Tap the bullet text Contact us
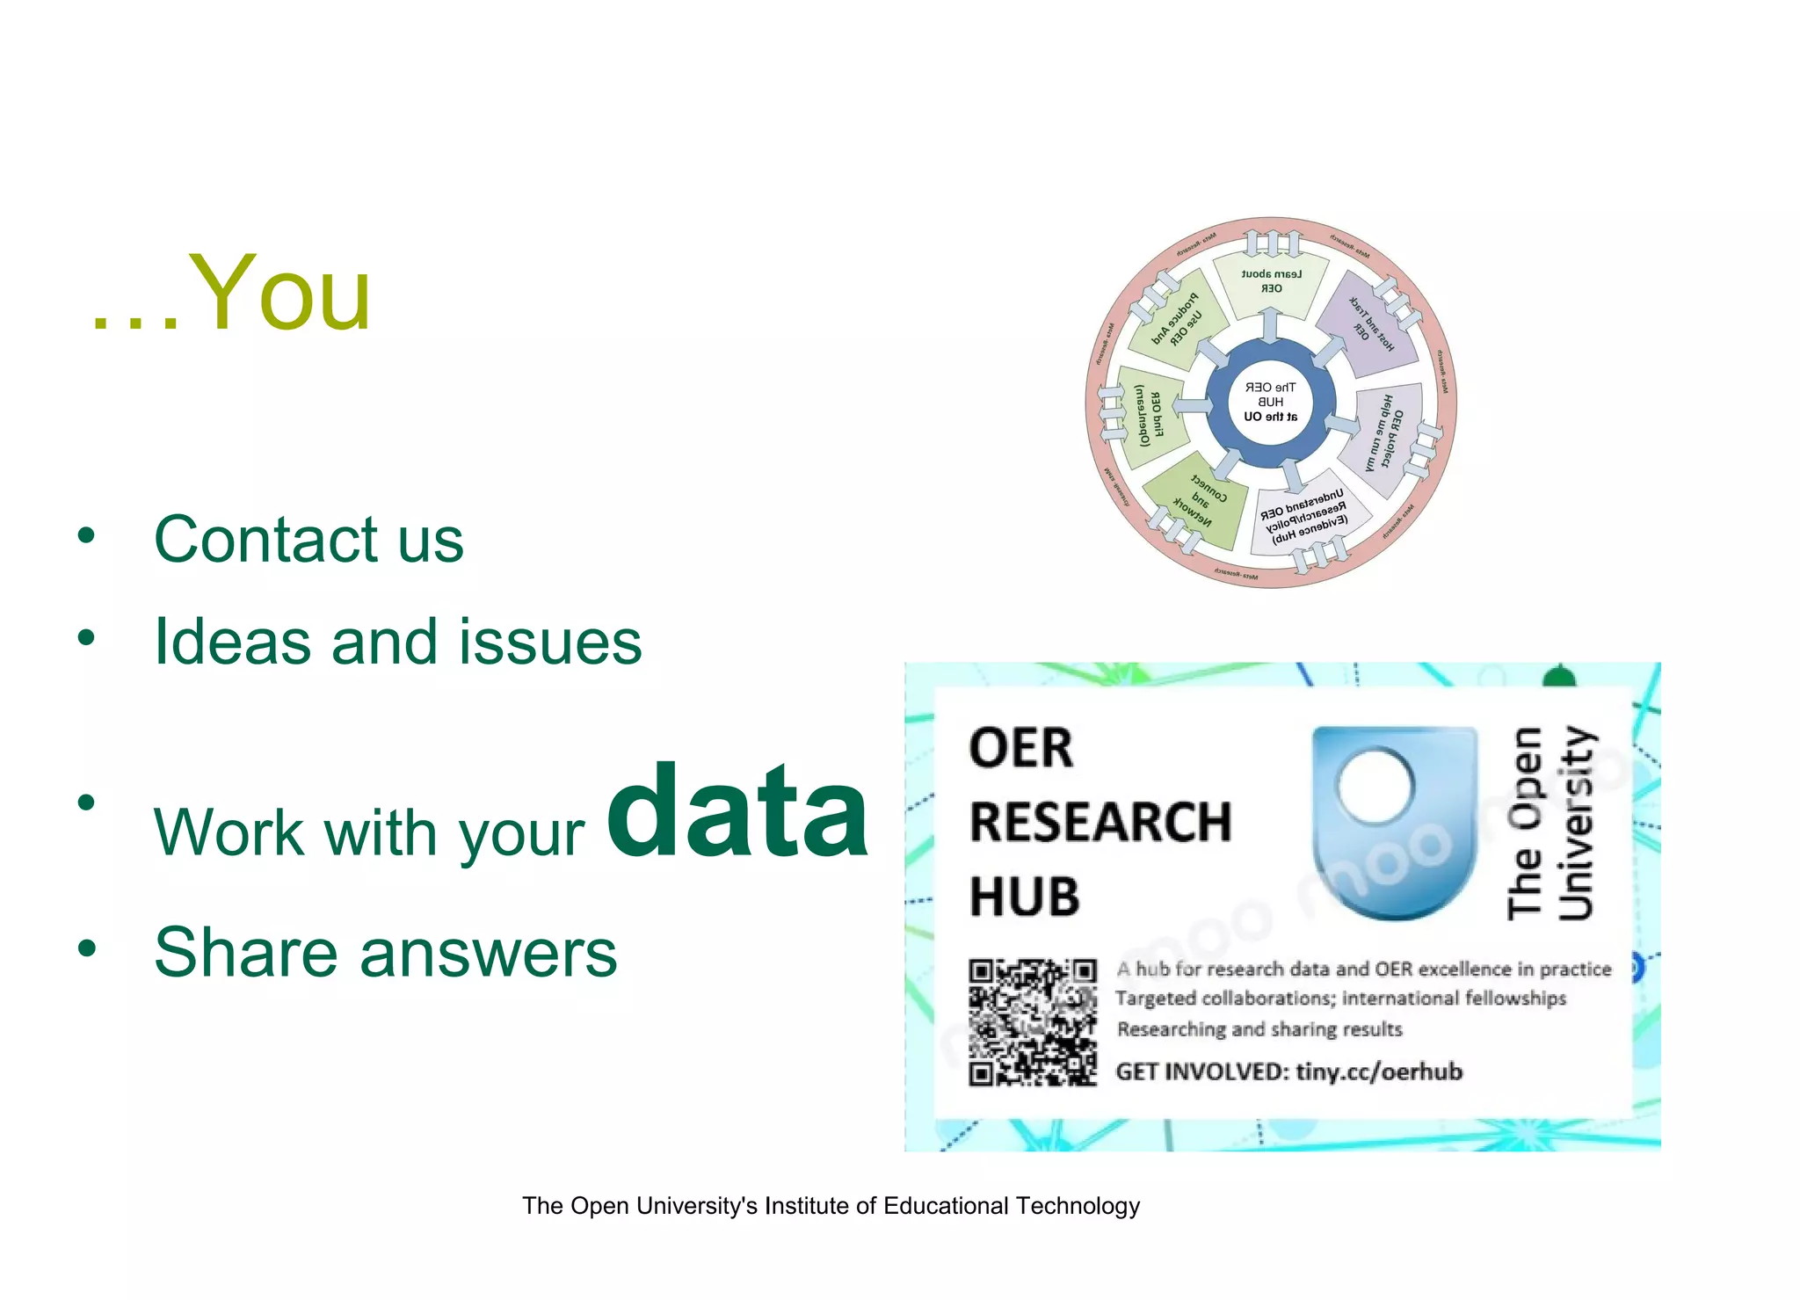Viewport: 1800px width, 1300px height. [308, 539]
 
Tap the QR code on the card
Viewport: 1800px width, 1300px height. [1033, 1022]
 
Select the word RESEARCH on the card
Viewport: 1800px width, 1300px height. [1100, 823]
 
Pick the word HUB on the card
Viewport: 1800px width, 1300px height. [1025, 897]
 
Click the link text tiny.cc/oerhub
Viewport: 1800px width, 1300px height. [1379, 1071]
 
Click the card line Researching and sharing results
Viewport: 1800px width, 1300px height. [1259, 1029]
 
